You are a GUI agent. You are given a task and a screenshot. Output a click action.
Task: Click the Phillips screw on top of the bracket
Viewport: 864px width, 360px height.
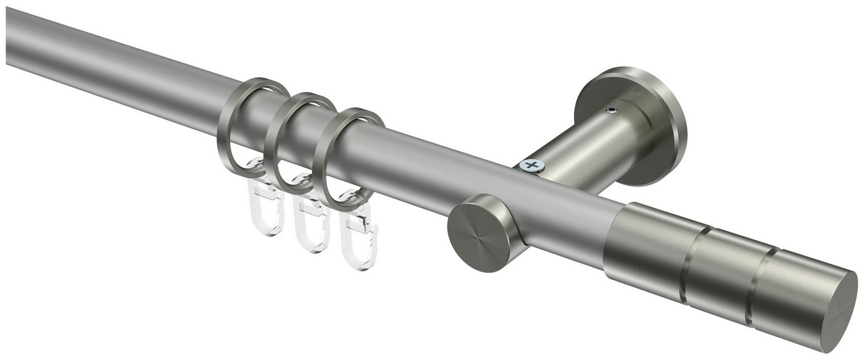point(531,165)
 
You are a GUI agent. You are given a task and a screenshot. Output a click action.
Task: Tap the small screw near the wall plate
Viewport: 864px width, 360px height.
point(611,111)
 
